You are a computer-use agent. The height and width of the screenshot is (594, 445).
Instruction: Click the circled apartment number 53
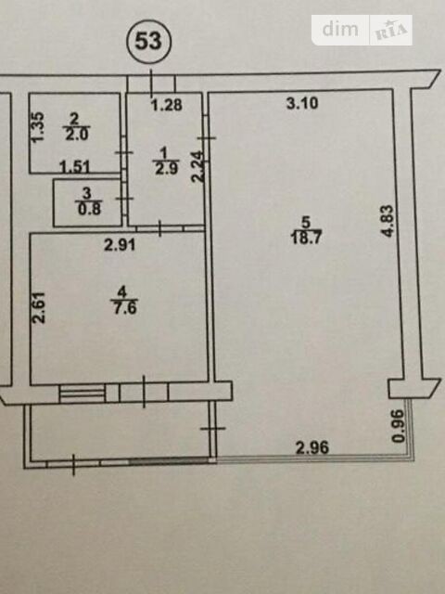click(148, 41)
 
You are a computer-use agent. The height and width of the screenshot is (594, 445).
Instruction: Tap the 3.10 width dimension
click(302, 103)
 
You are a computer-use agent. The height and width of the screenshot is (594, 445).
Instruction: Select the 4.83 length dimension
click(388, 221)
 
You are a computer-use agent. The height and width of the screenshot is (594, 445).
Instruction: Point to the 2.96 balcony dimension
click(312, 447)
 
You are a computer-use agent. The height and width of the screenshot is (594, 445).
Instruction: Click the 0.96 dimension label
click(399, 426)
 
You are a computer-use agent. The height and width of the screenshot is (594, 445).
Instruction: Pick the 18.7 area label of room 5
click(306, 239)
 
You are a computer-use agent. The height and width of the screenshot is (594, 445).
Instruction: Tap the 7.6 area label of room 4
click(124, 308)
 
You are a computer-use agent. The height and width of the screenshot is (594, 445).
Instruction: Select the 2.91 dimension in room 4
click(120, 245)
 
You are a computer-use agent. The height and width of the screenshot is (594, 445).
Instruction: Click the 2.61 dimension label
click(39, 307)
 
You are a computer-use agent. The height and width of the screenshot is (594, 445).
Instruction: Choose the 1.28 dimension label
click(167, 105)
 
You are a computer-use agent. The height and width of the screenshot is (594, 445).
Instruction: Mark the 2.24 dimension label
click(197, 167)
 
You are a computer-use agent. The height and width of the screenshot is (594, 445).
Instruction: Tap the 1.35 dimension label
click(38, 127)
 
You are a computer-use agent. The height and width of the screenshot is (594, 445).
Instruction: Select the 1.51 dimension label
click(74, 167)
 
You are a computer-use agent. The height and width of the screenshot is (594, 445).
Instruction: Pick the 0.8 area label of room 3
click(90, 209)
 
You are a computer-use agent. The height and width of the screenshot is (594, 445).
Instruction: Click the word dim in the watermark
click(340, 30)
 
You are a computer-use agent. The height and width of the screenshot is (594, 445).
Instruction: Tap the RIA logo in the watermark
click(391, 31)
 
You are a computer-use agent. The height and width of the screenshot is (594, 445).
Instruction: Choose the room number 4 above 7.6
click(121, 293)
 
